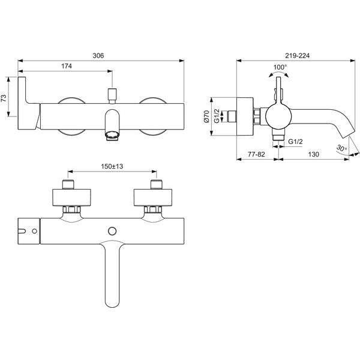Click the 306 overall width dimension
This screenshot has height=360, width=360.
coord(98,56)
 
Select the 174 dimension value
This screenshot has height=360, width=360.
coord(67,66)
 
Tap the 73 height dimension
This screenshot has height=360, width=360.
coord(4,98)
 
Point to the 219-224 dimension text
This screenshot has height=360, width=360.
coord(298,56)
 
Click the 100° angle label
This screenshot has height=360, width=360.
coord(280,67)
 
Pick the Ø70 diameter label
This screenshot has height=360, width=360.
coord(206,116)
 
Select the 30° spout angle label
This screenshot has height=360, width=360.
coord(341,148)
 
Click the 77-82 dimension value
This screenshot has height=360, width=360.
coord(256,154)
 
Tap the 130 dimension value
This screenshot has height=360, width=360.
coord(313,154)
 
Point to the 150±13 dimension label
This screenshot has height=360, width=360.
coord(112,166)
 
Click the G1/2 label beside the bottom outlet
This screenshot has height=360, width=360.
coord(295,142)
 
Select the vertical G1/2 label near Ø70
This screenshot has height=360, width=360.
coord(217,116)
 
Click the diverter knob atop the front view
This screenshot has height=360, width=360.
coord(112,95)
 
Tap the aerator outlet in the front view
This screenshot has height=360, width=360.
coord(112,135)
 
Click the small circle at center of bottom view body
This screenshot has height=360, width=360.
coord(112,231)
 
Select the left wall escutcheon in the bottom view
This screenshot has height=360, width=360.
coord(71,197)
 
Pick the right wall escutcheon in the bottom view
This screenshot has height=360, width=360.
coord(153,197)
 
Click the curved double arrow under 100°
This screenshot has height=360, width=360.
coord(278,73)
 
